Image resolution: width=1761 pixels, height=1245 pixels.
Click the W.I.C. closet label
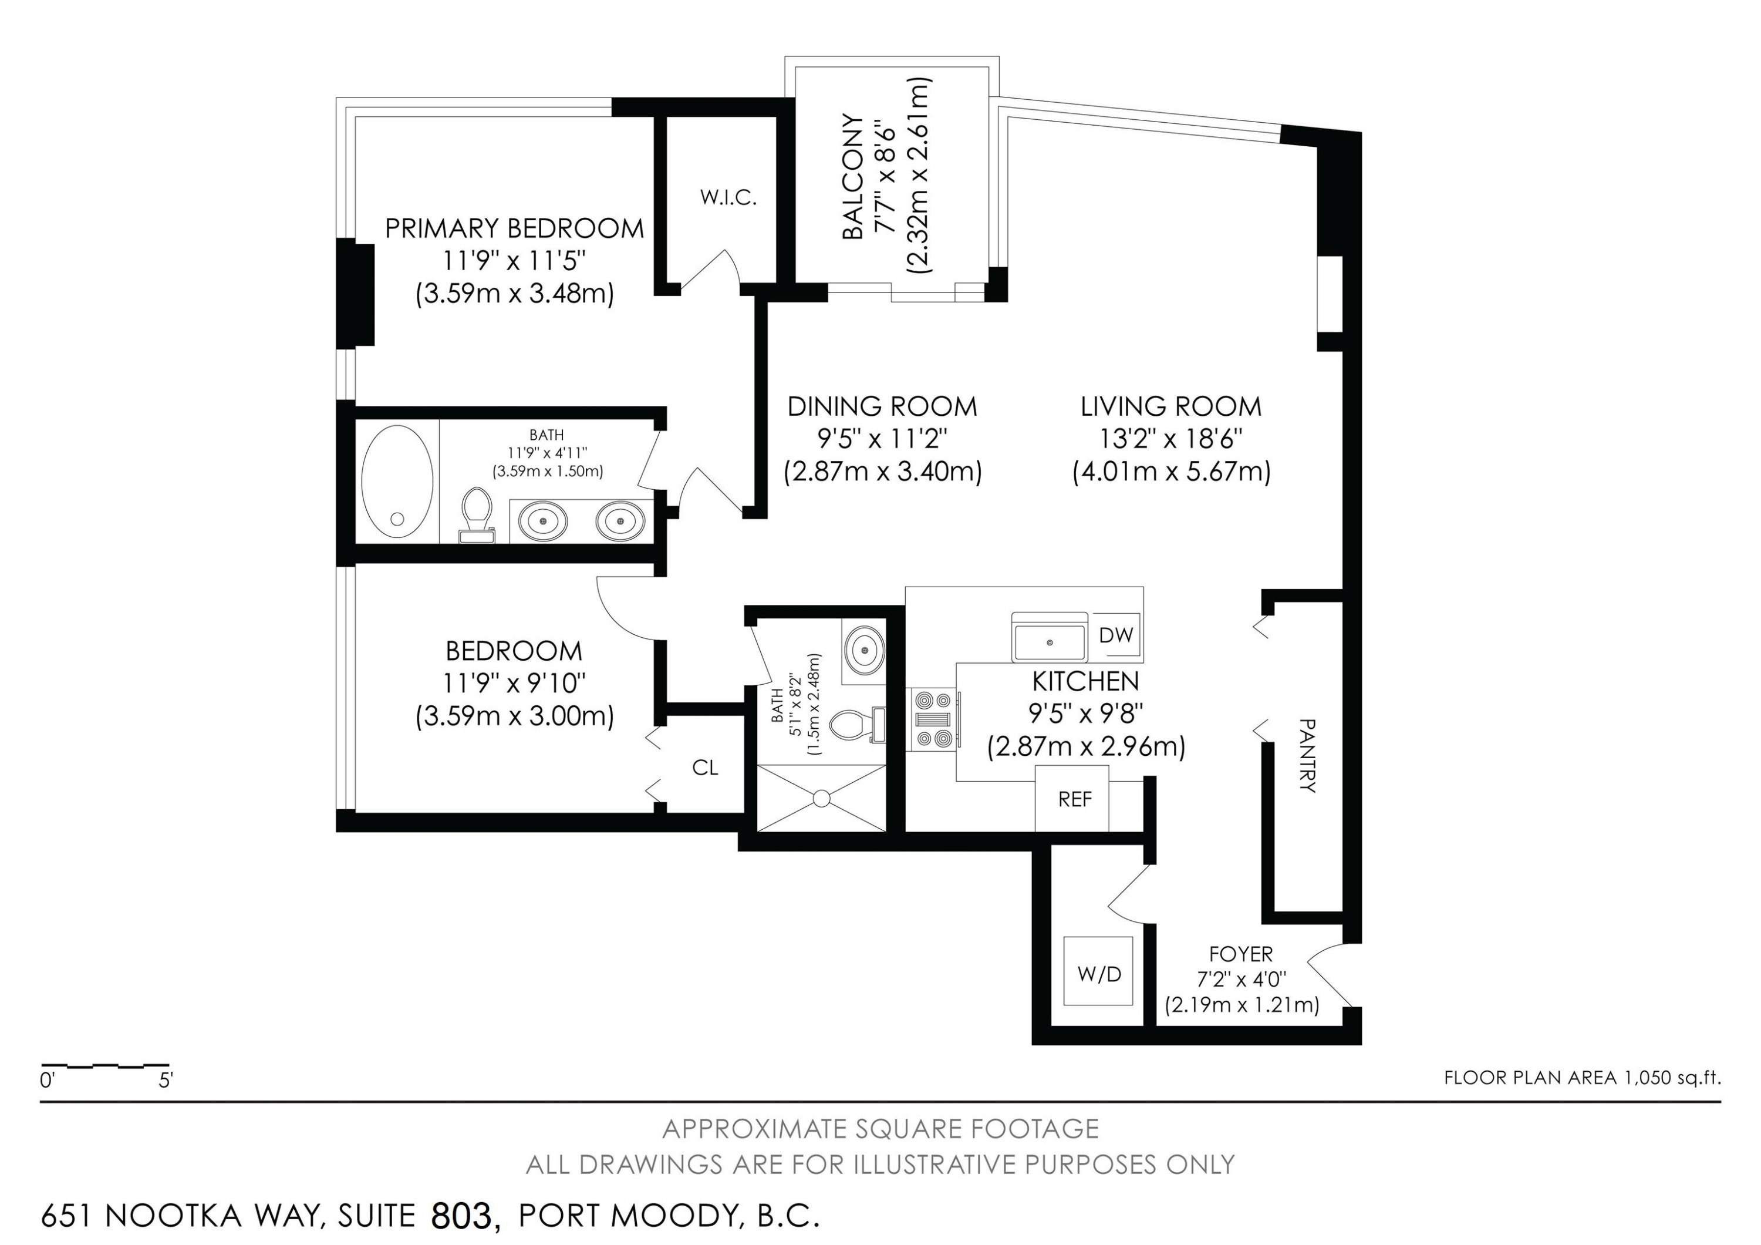[728, 198]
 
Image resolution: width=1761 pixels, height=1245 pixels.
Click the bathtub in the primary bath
[397, 480]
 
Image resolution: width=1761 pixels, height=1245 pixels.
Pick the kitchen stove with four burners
[933, 719]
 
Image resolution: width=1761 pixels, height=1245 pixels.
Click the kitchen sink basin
[1049, 640]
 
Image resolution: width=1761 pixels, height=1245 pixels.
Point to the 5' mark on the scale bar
[166, 1081]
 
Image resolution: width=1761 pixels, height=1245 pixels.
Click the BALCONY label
[853, 176]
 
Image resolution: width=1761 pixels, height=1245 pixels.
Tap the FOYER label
[1240, 954]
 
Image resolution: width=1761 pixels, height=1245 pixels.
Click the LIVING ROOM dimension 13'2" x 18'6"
[1170, 439]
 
